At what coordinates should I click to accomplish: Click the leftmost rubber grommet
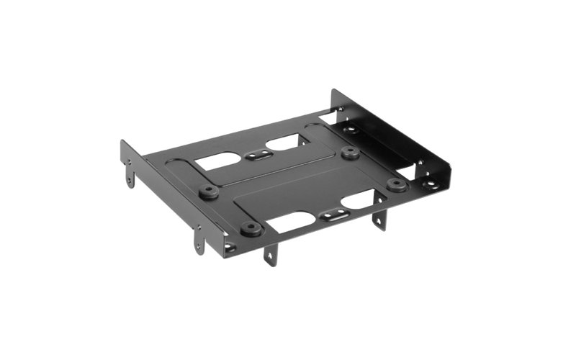point(209,192)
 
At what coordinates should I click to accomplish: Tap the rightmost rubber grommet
point(396,184)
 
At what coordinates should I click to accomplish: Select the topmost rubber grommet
point(350,153)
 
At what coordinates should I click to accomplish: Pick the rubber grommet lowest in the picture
point(250,229)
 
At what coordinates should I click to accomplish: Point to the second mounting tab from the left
point(199,242)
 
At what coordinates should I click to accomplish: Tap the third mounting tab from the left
point(270,254)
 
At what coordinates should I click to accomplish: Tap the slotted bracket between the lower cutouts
point(329,215)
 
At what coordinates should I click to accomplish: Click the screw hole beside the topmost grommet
point(351,130)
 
